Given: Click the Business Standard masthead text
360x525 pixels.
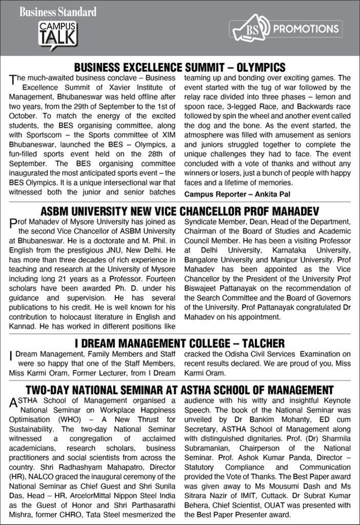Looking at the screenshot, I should [58, 11].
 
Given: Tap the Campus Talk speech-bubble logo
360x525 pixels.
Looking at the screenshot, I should [57, 34].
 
